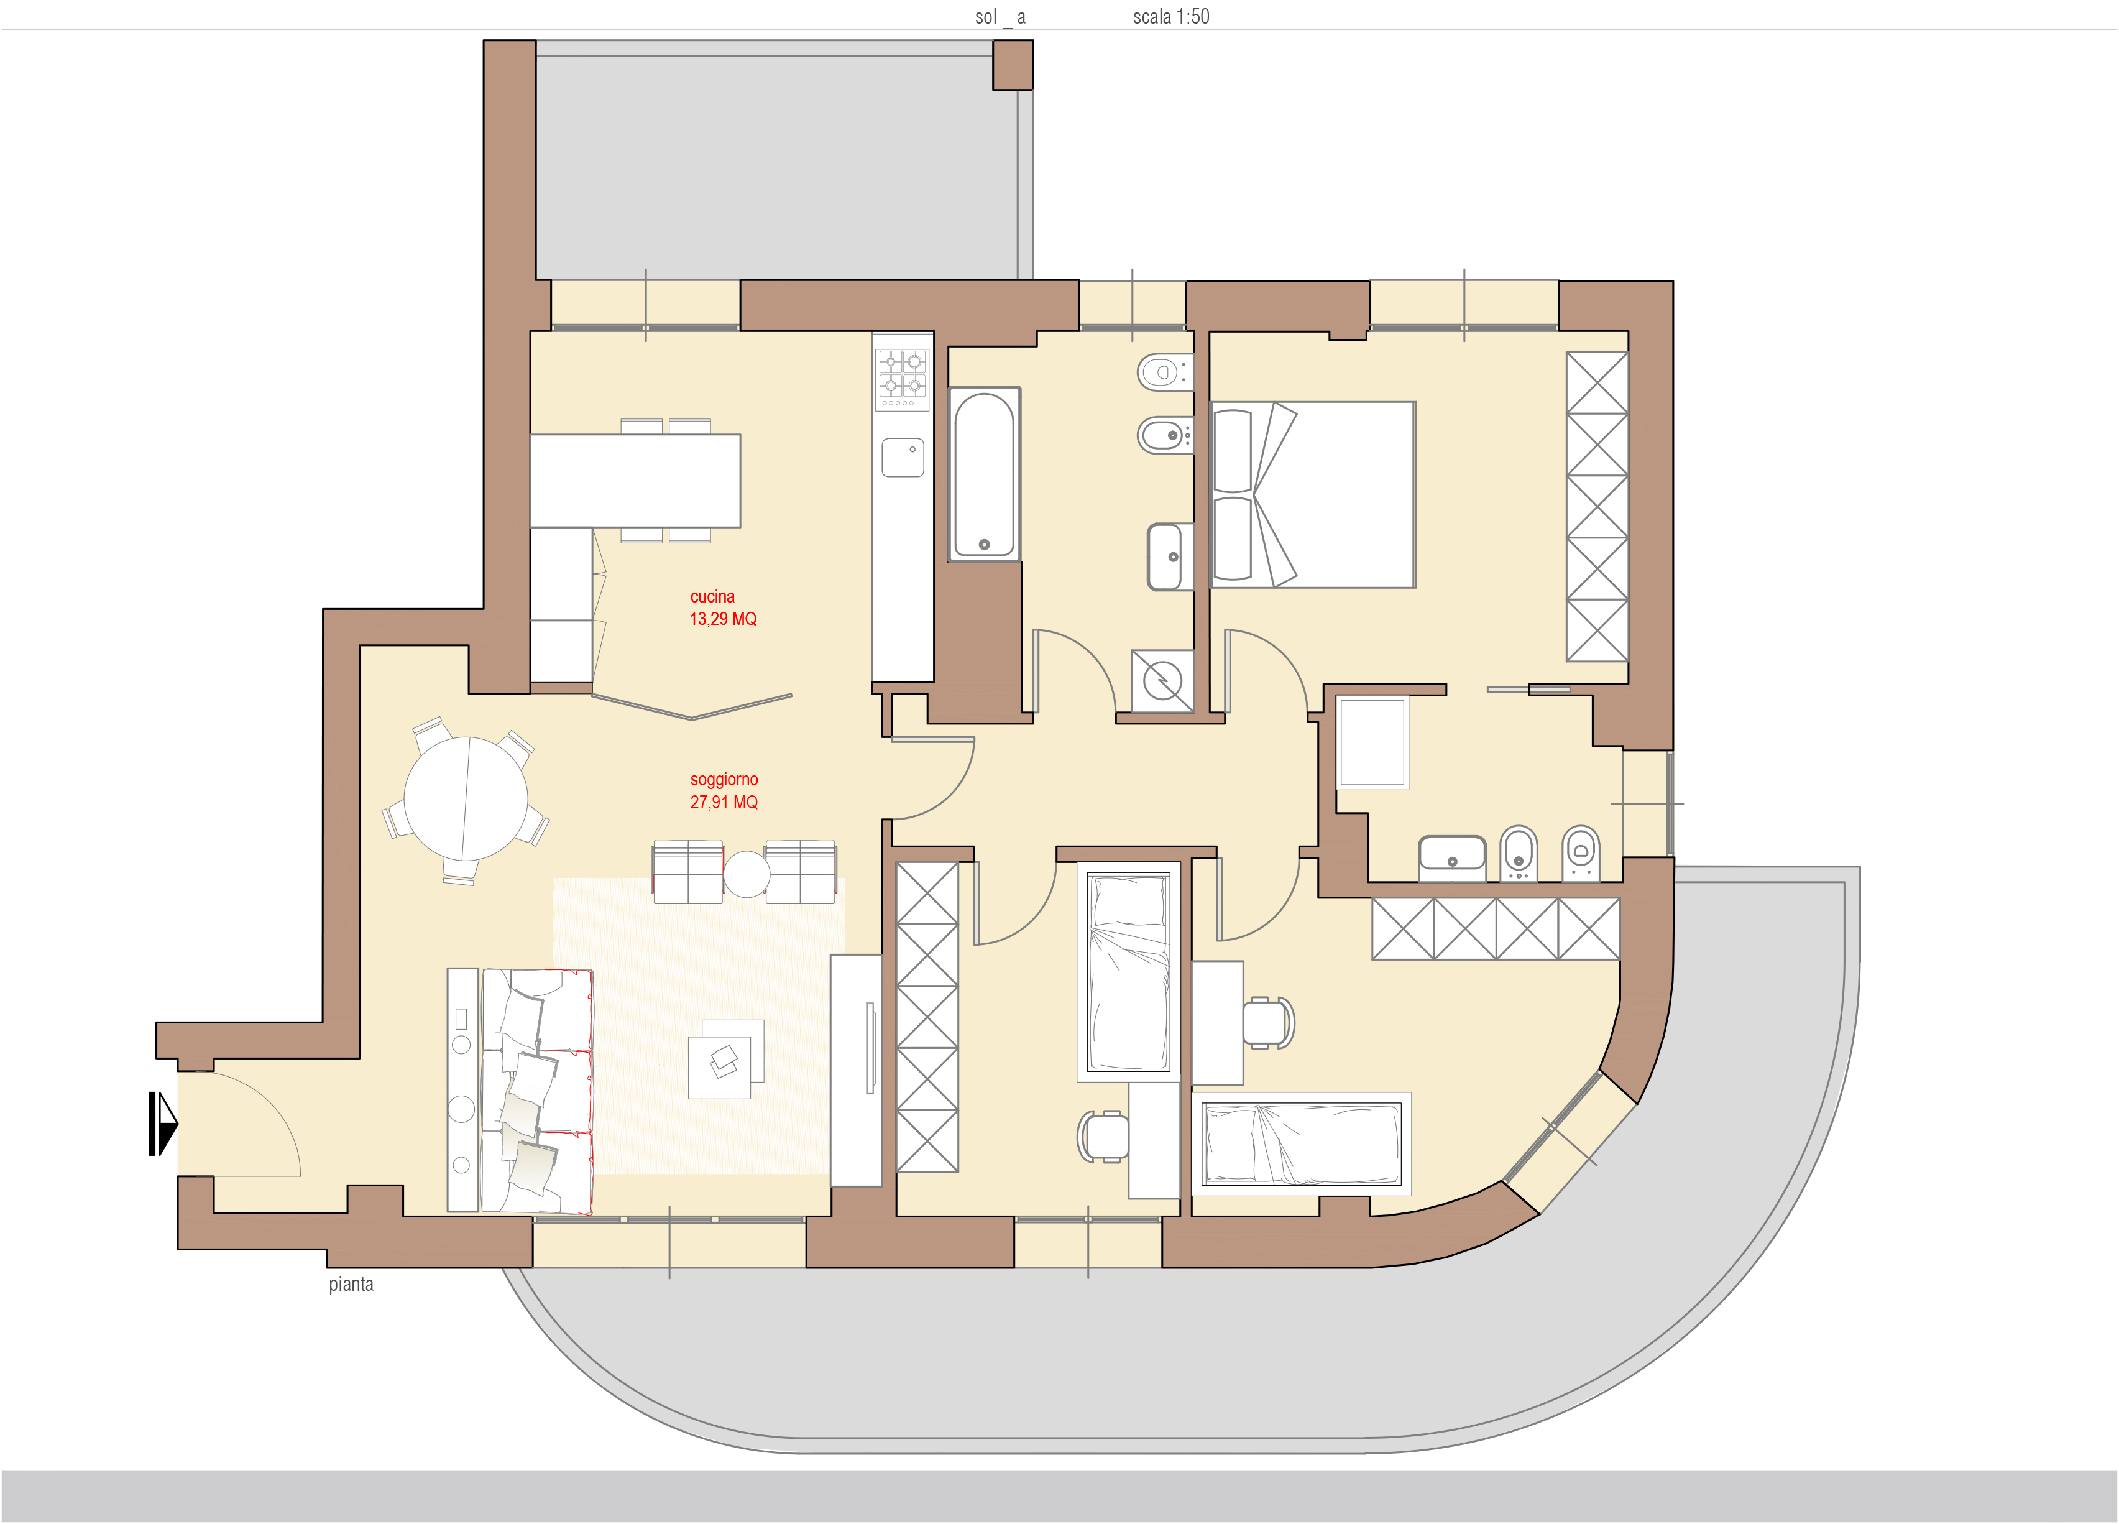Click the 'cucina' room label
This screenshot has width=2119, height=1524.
(x=712, y=596)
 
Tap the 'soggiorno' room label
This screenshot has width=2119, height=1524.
(x=724, y=779)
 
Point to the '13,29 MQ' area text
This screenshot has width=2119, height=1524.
(x=723, y=619)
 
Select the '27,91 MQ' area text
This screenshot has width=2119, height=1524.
(x=724, y=801)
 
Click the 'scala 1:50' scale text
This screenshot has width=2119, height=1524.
(x=1170, y=17)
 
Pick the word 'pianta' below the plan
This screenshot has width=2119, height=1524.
(x=351, y=1284)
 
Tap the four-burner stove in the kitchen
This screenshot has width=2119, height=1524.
(x=903, y=379)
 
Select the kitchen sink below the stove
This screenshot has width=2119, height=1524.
(x=903, y=458)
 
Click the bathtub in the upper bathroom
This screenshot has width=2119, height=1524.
(x=984, y=474)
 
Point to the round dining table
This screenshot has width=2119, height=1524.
(x=466, y=798)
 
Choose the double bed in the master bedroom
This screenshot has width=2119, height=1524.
(x=1313, y=494)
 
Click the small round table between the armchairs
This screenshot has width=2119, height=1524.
(x=747, y=875)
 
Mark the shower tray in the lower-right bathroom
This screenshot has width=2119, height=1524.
(x=1372, y=743)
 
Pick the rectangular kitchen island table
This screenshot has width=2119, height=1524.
(x=635, y=480)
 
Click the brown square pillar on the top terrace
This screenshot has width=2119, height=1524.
(x=1013, y=65)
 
